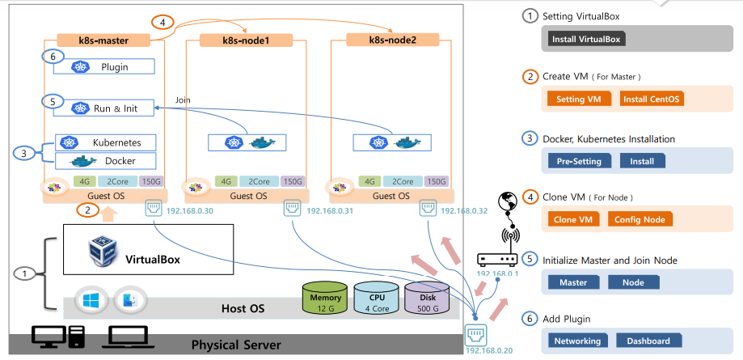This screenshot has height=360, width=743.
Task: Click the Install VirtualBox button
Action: click(x=586, y=39)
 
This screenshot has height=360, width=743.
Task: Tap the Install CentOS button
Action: click(x=652, y=100)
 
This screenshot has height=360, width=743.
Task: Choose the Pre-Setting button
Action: click(x=579, y=161)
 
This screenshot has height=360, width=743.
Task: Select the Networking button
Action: click(x=577, y=341)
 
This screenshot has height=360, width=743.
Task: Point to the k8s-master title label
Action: click(x=104, y=39)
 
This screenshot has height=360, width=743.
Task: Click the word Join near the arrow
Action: click(x=182, y=100)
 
